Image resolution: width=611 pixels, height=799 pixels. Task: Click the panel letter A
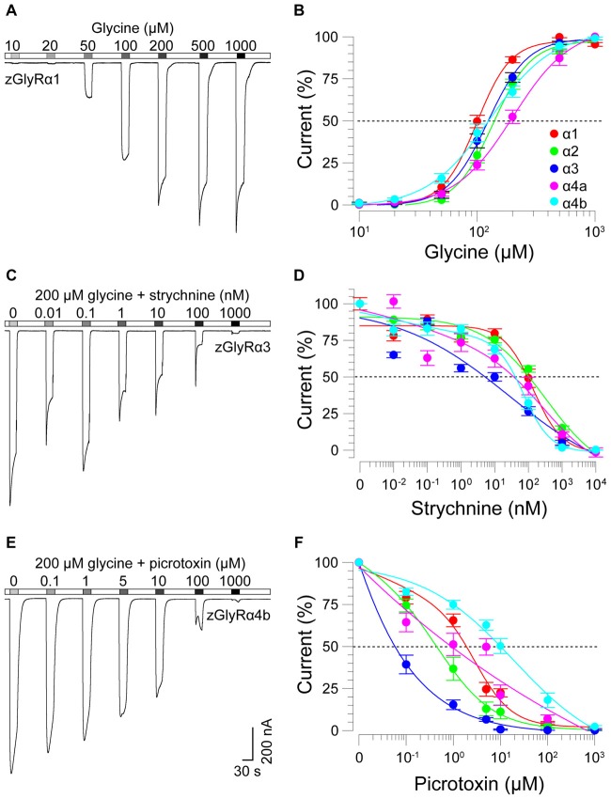point(11,10)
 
